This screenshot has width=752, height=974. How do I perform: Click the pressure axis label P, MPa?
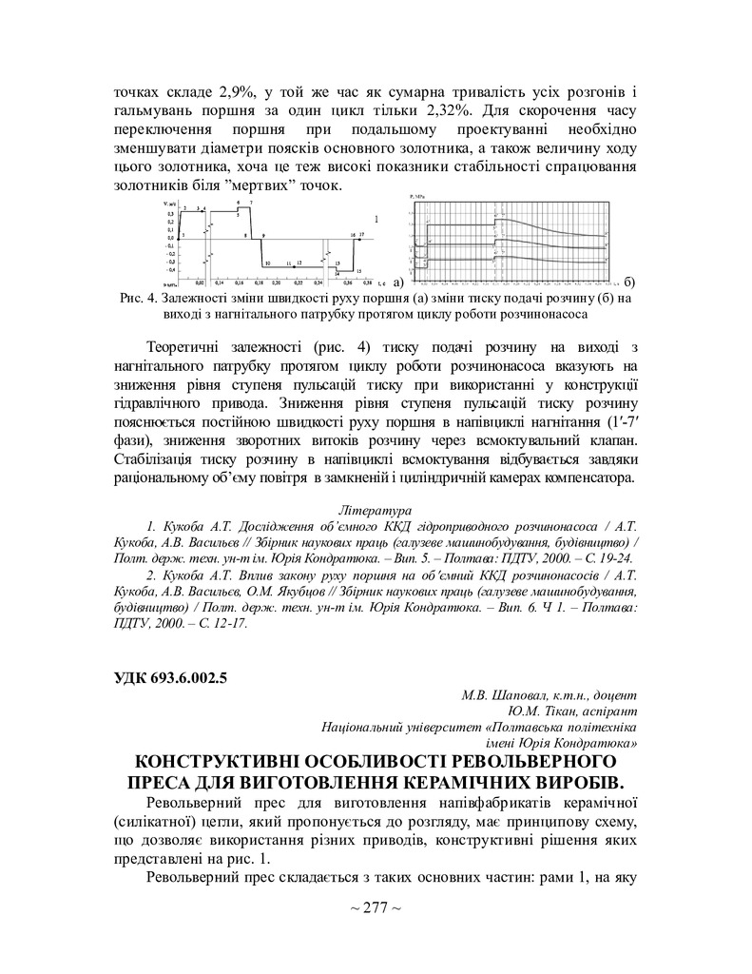pyautogui.click(x=415, y=196)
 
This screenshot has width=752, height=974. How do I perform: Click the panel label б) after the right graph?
pyautogui.click(x=631, y=282)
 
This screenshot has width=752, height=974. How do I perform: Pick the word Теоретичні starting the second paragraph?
pyautogui.click(x=193, y=343)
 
